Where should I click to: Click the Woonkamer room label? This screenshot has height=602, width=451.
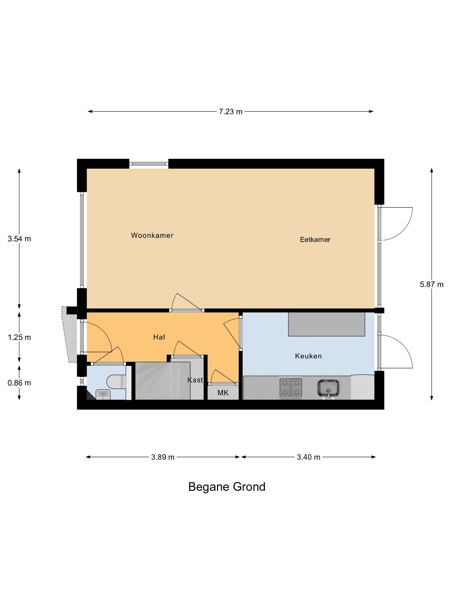[152, 235]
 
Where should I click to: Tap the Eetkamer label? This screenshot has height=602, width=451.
[315, 240]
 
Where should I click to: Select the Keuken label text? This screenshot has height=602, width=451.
[308, 356]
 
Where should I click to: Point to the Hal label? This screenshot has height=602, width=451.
[159, 337]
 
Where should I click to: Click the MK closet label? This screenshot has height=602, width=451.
[223, 393]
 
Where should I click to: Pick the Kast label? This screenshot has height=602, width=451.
[195, 380]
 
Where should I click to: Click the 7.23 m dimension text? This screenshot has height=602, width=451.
[230, 112]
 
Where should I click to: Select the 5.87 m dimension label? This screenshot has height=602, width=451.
[431, 284]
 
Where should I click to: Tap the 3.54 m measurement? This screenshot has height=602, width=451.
[19, 239]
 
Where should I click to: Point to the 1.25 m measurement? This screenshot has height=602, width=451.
[19, 337]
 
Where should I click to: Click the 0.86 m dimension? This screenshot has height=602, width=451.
[19, 383]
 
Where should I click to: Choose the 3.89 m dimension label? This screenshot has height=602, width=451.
[163, 457]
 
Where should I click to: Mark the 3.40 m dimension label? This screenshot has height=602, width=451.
[308, 457]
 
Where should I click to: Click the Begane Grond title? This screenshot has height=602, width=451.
[227, 487]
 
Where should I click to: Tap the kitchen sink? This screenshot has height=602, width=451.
[328, 388]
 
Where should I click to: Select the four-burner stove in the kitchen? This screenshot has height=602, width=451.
[291, 387]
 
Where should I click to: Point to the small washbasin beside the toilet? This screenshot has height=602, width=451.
[103, 394]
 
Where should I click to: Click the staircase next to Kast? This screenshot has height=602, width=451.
[162, 381]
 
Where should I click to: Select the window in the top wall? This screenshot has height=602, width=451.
[149, 164]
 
